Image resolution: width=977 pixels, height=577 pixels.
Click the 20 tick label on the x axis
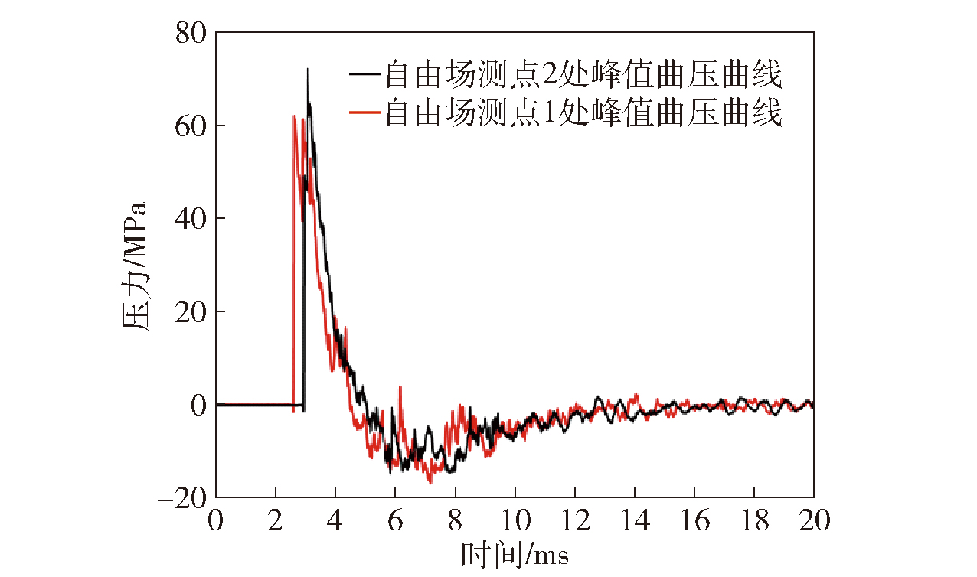click(x=813, y=522)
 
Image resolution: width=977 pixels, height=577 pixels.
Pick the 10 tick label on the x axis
click(x=515, y=522)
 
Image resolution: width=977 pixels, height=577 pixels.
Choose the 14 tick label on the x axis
click(x=634, y=522)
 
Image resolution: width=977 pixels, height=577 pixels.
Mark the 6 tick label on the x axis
click(x=395, y=522)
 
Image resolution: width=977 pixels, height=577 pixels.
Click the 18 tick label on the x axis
click(x=753, y=522)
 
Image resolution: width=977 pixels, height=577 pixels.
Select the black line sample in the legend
click(x=364, y=74)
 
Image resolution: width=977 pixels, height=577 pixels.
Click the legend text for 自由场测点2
click(x=582, y=75)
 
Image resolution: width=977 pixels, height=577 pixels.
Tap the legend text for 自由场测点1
click(x=582, y=113)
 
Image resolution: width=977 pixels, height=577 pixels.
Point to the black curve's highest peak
click(x=308, y=69)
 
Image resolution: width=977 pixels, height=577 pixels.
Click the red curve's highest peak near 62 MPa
click(x=294, y=116)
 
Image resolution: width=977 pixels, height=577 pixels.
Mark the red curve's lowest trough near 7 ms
click(x=430, y=482)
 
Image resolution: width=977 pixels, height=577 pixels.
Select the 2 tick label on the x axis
click(x=276, y=522)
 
